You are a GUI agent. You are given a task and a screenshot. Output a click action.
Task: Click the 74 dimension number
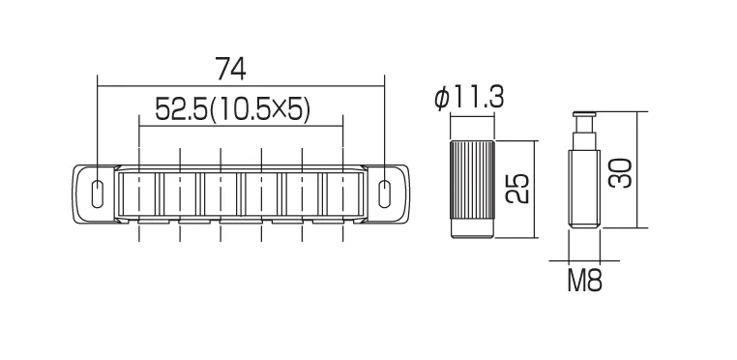230,69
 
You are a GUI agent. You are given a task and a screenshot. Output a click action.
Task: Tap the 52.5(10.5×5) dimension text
233,109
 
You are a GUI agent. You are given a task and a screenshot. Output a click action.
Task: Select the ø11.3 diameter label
469,99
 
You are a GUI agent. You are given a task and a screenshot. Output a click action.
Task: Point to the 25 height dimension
518,189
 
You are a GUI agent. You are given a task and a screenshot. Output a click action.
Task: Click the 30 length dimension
620,172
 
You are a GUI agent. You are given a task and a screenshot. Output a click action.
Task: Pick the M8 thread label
584,281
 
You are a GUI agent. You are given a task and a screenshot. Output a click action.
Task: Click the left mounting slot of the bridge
98,193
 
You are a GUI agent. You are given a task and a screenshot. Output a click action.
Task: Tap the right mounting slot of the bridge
385,193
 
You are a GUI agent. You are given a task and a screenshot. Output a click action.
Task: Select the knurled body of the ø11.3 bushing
472,180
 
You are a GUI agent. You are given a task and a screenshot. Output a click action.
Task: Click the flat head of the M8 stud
584,114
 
